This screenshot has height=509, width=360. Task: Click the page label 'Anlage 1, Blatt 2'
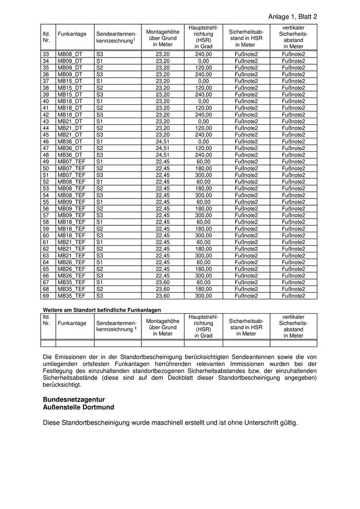293,16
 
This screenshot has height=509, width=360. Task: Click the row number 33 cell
46,54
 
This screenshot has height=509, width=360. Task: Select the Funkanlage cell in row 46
69,141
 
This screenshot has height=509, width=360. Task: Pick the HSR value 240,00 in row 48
203,155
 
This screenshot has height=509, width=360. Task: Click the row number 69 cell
46,296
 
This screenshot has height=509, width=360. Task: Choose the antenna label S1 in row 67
99,282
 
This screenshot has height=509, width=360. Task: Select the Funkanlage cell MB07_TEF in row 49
71,161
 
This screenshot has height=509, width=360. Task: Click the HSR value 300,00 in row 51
203,175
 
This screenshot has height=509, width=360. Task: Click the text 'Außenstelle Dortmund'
79,407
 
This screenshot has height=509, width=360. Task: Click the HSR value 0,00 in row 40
203,101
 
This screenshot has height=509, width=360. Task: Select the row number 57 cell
46,215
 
